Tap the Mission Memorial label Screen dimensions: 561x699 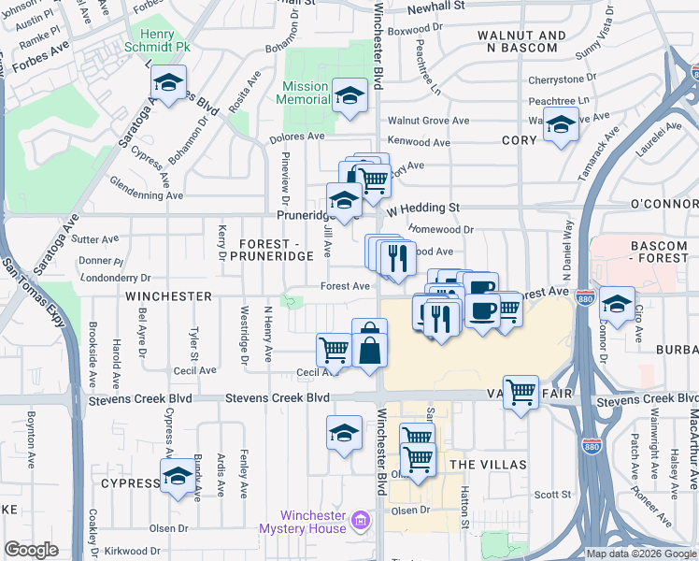(306, 93)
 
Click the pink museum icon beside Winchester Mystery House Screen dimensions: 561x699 (361, 517)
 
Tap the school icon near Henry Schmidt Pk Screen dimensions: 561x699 (169, 83)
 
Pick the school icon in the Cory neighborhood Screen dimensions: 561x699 (561, 125)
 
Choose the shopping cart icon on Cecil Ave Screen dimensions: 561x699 (334, 350)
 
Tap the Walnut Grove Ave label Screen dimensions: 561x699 (429, 121)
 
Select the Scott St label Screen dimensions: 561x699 (552, 495)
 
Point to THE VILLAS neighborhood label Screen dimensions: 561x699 (487, 465)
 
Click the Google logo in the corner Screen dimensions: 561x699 (31, 550)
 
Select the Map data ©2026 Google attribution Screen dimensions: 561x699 (641, 554)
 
